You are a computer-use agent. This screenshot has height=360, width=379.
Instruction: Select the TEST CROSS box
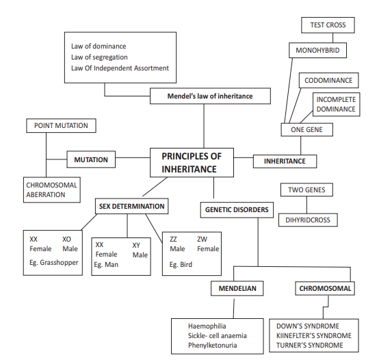coord(328,25)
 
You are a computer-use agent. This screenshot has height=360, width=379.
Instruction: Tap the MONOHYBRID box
coord(317,51)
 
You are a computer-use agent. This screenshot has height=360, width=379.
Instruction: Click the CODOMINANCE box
coord(328,81)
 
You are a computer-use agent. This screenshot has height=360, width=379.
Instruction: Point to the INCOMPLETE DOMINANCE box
coord(336,104)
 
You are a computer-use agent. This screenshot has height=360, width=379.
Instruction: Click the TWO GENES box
coord(306,190)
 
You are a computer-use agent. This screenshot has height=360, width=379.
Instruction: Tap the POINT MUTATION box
coord(61,125)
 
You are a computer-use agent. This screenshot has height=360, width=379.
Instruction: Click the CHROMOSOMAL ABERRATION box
coord(51,190)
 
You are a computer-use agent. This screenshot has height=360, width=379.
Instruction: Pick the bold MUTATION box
coord(91,159)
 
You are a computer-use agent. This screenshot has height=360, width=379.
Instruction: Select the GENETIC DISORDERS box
coord(236,210)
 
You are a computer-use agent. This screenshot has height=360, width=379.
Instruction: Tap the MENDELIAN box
coord(237,289)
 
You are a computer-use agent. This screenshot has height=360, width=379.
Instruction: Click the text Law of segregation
coord(100,57)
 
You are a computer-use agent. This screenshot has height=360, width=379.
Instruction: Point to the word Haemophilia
coord(209,326)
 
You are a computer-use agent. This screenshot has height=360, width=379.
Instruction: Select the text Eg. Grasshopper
coord(54,262)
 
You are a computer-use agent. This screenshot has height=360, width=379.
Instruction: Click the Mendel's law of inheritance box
coord(209,97)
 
